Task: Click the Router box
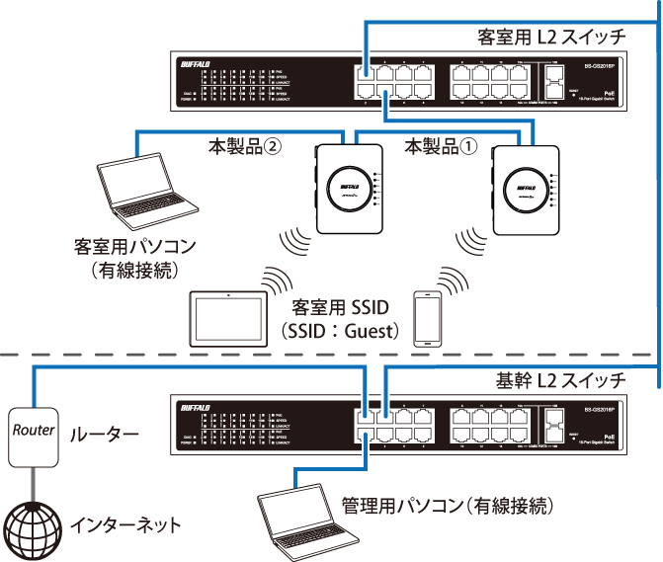pos(32,432)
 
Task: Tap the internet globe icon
pos(32,522)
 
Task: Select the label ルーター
pos(97,433)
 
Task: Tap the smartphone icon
pos(427,317)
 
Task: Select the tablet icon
pos(229,317)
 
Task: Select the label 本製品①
pos(441,146)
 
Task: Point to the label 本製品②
pos(245,146)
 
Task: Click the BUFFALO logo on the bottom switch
pos(197,406)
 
